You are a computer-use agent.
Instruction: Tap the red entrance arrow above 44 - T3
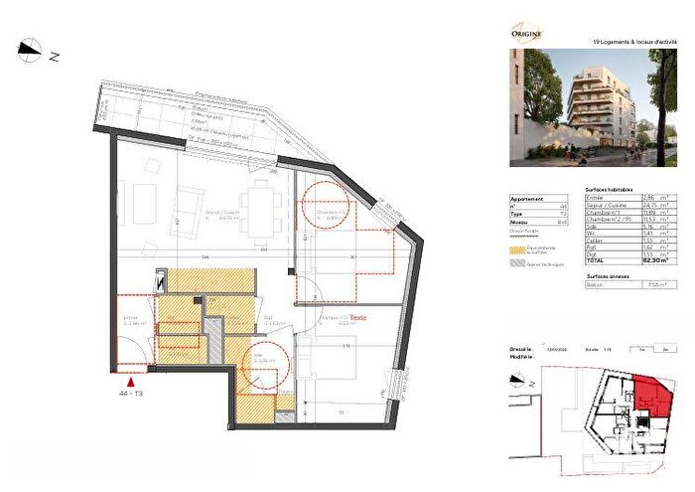point(130,378)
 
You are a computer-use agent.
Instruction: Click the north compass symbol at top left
point(31,49)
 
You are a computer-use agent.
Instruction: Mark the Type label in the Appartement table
point(516,214)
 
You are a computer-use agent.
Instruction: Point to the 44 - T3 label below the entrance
point(130,394)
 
